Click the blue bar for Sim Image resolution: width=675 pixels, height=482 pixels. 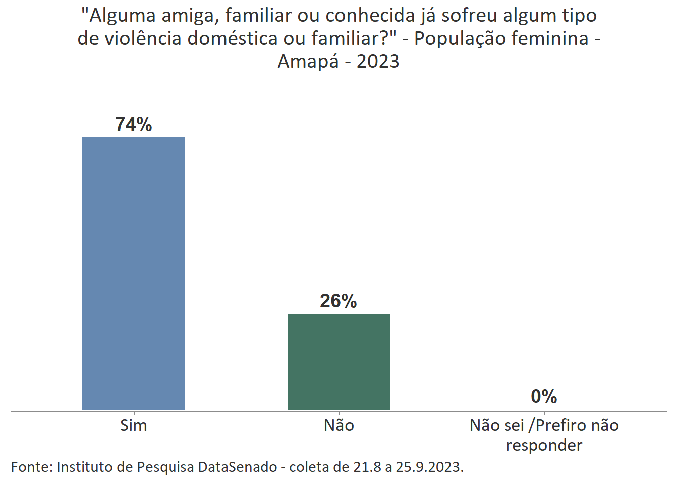point(134,273)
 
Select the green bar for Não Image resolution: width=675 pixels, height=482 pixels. point(339,361)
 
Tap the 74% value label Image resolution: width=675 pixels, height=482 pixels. point(134,124)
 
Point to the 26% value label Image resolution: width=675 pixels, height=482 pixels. point(339,301)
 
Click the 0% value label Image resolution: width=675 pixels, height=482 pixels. point(544,396)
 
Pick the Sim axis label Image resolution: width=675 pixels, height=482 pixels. point(134,425)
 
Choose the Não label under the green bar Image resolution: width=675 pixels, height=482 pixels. point(339,425)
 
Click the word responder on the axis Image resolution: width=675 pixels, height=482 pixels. point(544,445)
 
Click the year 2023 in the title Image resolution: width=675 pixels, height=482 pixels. point(378,61)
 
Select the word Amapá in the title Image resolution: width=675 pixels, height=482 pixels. point(308,61)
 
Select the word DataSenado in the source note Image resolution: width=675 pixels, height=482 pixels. point(237,467)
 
